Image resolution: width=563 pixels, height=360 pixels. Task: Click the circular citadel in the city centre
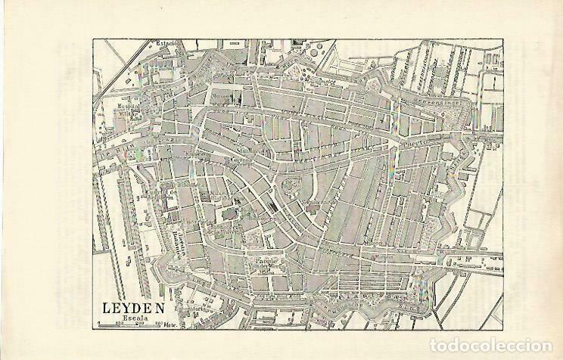(288, 184)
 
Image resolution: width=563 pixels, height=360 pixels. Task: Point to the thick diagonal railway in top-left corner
(121, 57)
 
